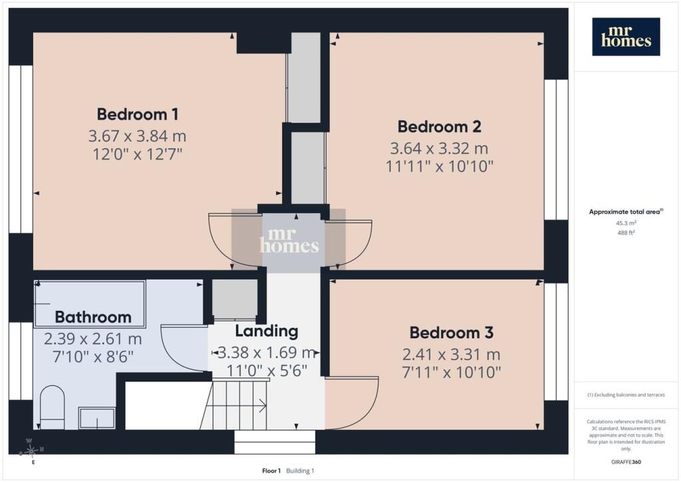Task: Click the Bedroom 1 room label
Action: pos(137,115)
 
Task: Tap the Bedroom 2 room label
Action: pos(439,127)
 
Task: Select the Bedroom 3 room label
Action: pos(452,333)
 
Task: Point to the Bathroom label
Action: pos(93,318)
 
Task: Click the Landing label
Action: pos(267,331)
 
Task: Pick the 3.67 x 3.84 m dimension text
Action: pos(137,136)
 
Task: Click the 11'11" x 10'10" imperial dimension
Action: pos(440,166)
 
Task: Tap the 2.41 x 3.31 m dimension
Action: pos(452,355)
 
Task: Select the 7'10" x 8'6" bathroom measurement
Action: pos(93,357)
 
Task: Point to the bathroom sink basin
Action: pos(97,418)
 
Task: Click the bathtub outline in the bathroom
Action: pos(90,304)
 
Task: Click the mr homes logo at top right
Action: pos(626,37)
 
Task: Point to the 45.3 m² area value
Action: pos(626,223)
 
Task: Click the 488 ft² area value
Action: pos(626,232)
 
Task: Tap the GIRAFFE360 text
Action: pos(626,462)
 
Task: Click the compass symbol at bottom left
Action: pos(31,451)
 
